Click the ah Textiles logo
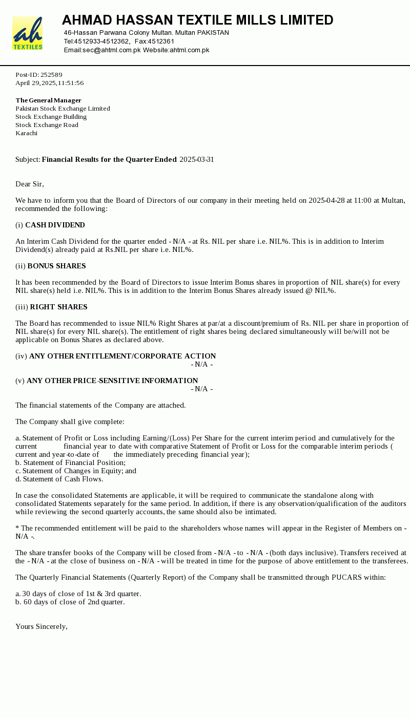(27, 33)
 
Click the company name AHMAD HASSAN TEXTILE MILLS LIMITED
(197, 20)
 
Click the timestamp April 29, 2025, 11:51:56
(49, 83)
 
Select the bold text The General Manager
(48, 100)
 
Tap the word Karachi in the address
(26, 133)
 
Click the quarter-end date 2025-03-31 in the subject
(197, 160)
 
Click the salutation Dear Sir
(29, 184)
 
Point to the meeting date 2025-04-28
(326, 201)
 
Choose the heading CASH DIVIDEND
(55, 225)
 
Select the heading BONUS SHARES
(56, 266)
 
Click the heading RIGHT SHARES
(58, 307)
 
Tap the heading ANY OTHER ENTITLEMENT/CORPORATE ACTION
(122, 356)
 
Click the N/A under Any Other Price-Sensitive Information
(202, 389)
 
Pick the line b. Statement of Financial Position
(70, 463)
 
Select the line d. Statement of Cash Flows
(59, 479)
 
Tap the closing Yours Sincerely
(41, 627)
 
